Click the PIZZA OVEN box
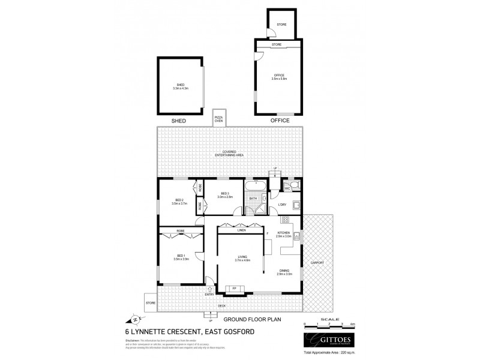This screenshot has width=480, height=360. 218,118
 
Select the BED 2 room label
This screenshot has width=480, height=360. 179,202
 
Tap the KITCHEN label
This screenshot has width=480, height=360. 284,234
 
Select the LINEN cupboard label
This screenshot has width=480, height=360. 242,230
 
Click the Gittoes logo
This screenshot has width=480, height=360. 326,338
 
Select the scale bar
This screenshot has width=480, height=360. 329,325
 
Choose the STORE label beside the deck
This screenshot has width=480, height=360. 151,303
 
